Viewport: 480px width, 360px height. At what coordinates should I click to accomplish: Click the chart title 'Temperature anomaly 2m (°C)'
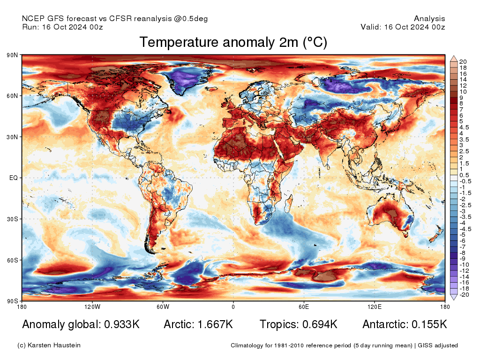click(x=233, y=43)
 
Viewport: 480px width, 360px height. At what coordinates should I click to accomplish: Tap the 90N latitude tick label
click(x=12, y=55)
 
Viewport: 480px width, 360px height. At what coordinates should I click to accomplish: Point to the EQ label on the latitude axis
click(x=14, y=178)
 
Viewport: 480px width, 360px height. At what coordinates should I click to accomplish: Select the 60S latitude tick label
click(x=12, y=260)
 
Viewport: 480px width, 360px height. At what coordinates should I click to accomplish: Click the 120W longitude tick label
click(x=92, y=307)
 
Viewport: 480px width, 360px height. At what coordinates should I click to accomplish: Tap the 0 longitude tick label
click(x=233, y=307)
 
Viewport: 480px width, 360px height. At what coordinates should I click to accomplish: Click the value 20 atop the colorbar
click(x=463, y=62)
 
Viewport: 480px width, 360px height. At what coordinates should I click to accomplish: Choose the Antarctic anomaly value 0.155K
click(x=429, y=324)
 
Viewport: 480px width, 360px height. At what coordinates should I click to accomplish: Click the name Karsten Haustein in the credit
click(x=55, y=345)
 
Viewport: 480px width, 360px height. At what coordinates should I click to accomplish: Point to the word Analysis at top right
click(x=429, y=19)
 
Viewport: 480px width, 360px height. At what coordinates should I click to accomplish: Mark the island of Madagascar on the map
click(x=289, y=205)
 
